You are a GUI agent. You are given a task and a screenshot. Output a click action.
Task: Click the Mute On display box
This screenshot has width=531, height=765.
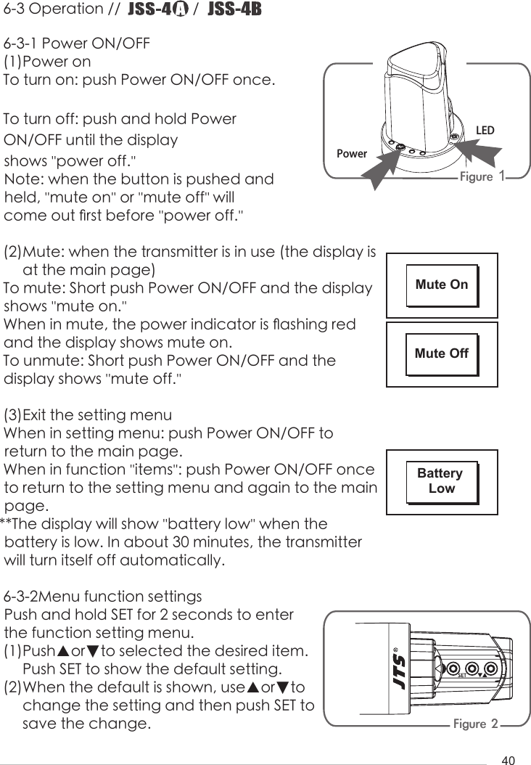point(441,285)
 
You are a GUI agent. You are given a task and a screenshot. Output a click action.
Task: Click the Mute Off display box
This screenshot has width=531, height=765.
point(441,354)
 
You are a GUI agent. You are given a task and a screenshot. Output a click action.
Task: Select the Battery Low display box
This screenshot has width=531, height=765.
point(441,481)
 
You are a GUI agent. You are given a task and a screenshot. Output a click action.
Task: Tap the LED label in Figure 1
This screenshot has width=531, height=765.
point(485,131)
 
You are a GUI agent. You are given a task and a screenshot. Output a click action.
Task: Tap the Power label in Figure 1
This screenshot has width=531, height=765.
point(352,155)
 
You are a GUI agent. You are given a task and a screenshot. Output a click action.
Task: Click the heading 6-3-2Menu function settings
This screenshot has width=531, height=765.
point(104,597)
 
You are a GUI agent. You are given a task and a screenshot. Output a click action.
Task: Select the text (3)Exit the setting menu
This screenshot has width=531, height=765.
point(88,416)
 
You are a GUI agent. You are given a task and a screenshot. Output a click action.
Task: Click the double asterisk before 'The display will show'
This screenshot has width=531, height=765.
point(7,524)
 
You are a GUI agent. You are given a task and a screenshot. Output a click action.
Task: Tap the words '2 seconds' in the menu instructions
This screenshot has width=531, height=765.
point(182,615)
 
